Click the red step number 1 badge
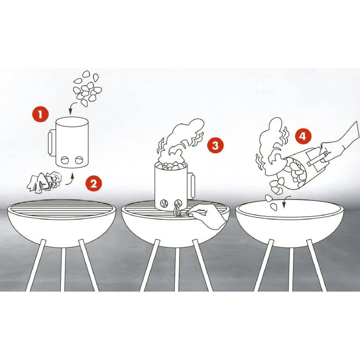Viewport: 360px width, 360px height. click(x=40, y=114)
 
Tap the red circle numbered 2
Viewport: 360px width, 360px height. click(x=94, y=184)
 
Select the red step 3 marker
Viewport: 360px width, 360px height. click(x=215, y=145)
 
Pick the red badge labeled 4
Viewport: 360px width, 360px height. click(x=303, y=136)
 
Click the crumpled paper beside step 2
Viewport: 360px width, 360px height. click(x=45, y=183)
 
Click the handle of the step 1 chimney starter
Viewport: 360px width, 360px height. click(x=51, y=143)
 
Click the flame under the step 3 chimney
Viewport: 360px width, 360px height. click(x=177, y=211)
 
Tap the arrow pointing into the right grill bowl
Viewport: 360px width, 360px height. click(x=286, y=201)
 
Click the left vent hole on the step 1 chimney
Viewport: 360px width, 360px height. click(x=65, y=160)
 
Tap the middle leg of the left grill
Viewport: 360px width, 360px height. click(x=63, y=269)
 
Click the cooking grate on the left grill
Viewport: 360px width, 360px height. click(x=62, y=209)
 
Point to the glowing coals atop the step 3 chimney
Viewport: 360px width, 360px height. click(x=171, y=166)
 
